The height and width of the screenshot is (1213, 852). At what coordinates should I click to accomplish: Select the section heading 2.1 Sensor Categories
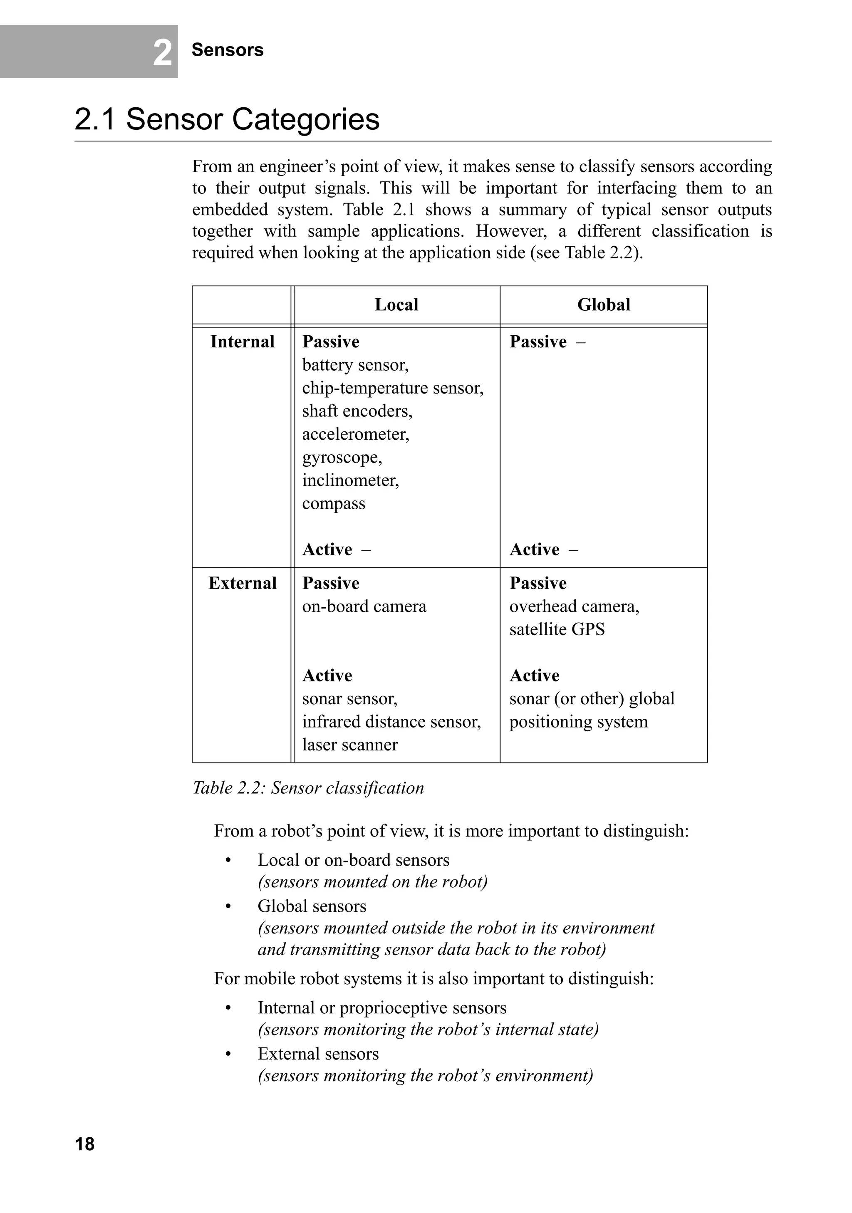[227, 119]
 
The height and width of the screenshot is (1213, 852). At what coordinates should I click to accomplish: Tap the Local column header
[396, 305]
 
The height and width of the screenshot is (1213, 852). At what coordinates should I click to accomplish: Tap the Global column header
[603, 305]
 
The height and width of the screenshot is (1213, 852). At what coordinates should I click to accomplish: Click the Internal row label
[242, 342]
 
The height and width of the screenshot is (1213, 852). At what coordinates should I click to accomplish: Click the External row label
[242, 583]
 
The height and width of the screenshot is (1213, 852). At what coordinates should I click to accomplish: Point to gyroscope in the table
[342, 457]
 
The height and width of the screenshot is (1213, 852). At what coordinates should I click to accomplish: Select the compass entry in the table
[333, 503]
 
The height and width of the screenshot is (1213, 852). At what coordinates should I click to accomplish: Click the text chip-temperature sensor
[392, 388]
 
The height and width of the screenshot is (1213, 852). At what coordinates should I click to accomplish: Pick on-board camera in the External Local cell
[364, 606]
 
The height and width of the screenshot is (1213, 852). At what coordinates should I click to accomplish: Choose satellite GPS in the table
[557, 629]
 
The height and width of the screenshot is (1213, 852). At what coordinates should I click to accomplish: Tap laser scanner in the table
[350, 745]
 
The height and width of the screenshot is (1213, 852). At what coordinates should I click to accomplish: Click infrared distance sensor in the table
[391, 722]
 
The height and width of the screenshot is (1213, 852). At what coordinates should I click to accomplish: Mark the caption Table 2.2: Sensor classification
[308, 788]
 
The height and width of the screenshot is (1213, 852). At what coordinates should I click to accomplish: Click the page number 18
[84, 1144]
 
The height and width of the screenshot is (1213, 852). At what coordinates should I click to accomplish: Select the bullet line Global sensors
[312, 906]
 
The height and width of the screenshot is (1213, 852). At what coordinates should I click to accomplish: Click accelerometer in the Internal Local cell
[355, 434]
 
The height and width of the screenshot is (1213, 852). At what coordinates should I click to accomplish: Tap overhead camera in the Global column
[574, 606]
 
